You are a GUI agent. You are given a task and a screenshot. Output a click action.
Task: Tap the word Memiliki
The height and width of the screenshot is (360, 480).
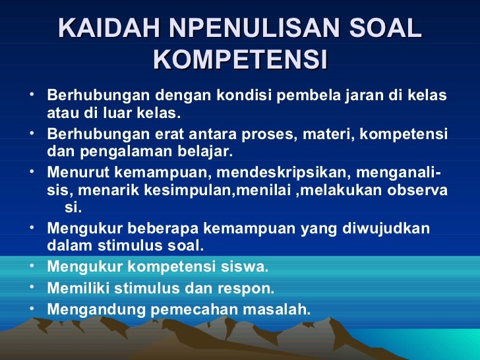click(78, 288)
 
